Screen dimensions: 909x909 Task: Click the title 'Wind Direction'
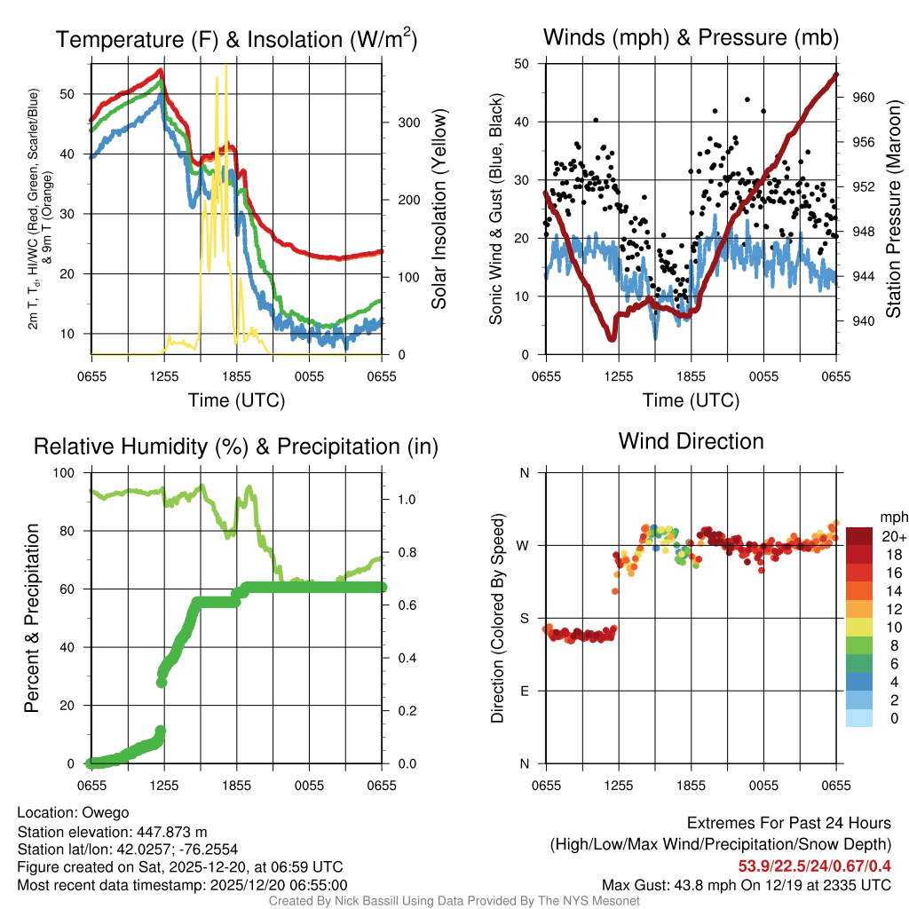pos(691,441)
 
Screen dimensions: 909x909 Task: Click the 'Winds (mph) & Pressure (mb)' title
pos(691,38)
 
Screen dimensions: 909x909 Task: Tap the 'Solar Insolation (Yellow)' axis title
pos(439,209)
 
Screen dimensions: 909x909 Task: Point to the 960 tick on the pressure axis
pos(865,98)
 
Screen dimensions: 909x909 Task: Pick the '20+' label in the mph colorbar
pos(894,536)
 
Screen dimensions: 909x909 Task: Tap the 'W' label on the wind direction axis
pos(524,545)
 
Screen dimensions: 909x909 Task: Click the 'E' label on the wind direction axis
pos(524,691)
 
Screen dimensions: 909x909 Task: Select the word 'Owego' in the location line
pos(106,812)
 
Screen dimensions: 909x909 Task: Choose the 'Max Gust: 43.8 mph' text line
pos(746,884)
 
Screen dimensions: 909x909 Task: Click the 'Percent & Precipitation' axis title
pos(32,618)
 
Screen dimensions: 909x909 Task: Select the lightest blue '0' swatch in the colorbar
pos(859,719)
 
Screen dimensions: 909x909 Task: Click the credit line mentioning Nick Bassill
pos(454,901)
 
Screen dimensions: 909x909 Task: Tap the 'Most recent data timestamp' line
pos(182,885)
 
